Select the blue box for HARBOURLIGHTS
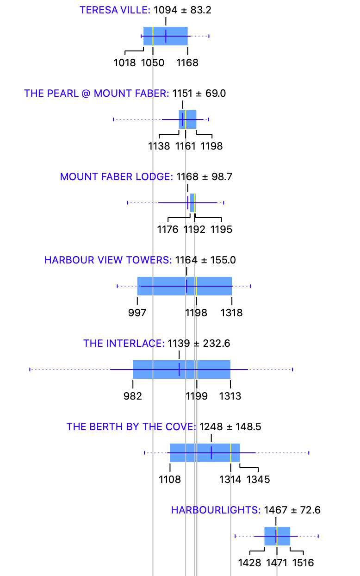pos(277,536)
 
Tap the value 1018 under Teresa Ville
pos(125,63)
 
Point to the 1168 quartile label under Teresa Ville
pos(187,63)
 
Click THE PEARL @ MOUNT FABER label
pos(97,94)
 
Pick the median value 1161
pos(186,146)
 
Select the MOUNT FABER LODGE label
pos(116,177)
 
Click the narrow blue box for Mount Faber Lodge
pos(192,203)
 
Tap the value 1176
pos(168,230)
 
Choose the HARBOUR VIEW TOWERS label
pos(108,260)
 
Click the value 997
pos(137,313)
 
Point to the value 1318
pos(231,313)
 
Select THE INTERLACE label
pos(124,344)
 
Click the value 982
pos(133,396)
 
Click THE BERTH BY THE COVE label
pos(131,427)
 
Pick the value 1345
pos(258,480)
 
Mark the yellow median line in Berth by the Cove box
pos(230,453)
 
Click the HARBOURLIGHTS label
pos(216,510)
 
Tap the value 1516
pos(303,563)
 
